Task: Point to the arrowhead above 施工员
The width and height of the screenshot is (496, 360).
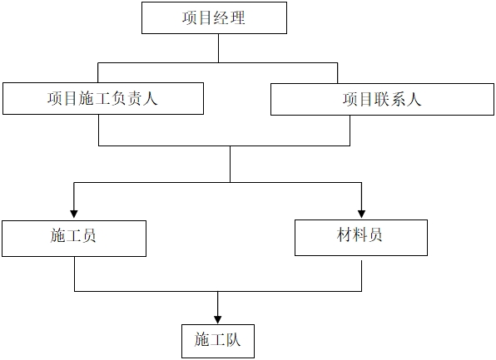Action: [x=74, y=214]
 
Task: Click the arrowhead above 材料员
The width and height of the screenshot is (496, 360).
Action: [x=361, y=214]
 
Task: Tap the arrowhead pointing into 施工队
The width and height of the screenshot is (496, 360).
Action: [x=218, y=319]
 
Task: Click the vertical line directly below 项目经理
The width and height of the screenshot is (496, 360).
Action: [x=218, y=48]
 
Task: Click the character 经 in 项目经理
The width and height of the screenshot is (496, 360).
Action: [x=221, y=17]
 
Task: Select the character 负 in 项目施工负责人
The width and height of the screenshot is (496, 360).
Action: [x=118, y=99]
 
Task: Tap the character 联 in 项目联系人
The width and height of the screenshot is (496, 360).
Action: [x=382, y=99]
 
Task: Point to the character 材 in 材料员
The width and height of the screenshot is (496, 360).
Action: [x=345, y=235]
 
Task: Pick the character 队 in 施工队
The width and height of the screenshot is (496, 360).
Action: [x=233, y=340]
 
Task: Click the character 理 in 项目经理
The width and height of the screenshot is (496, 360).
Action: [x=237, y=17]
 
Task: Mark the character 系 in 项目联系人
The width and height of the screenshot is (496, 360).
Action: [x=398, y=99]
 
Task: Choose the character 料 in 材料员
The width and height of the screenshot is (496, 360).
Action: [x=360, y=235]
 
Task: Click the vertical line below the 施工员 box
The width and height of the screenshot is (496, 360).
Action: [x=75, y=274]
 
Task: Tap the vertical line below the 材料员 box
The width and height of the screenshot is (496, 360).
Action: [x=361, y=275]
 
